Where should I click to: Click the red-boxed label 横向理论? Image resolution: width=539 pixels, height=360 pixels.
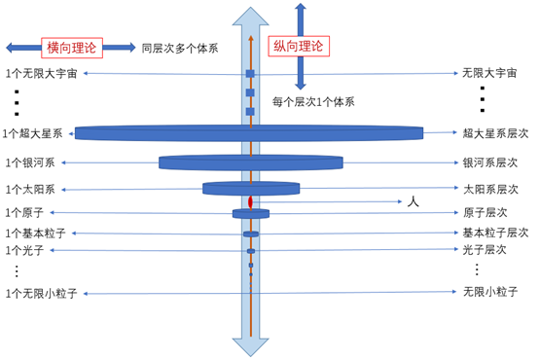[70, 48]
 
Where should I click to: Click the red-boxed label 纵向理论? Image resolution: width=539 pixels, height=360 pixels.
[301, 46]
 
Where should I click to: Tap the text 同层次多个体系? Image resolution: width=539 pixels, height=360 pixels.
[179, 48]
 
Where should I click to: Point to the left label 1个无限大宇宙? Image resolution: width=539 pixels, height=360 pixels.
[42, 74]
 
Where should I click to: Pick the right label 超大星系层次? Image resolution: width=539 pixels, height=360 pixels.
[495, 133]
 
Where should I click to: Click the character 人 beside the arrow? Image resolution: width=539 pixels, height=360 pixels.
[412, 202]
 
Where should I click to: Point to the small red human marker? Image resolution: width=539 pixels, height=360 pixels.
[250, 202]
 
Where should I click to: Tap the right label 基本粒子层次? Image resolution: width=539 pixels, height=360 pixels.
[495, 233]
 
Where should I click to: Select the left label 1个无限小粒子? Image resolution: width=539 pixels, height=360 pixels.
[42, 293]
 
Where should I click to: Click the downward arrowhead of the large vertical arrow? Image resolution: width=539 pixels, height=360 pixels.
[250, 345]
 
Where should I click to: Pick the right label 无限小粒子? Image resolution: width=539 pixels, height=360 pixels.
[488, 291]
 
